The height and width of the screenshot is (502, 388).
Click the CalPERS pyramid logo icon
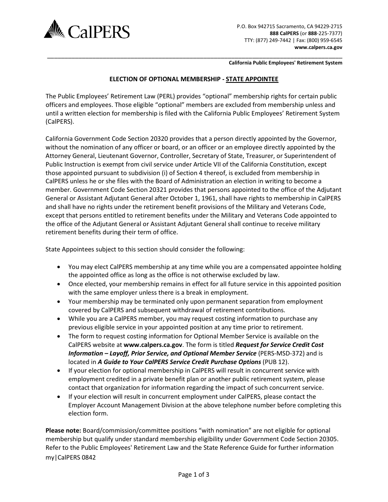(x=54, y=29)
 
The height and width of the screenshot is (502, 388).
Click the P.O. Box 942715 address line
(x=289, y=26)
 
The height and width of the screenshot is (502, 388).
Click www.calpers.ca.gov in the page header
(x=318, y=47)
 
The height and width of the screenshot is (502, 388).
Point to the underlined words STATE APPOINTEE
(x=252, y=79)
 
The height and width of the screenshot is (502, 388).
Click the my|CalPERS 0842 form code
(x=70, y=458)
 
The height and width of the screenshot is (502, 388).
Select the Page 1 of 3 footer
(x=194, y=474)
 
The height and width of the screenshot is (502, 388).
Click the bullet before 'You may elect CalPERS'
(x=60, y=267)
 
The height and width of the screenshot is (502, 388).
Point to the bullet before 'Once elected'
(x=60, y=284)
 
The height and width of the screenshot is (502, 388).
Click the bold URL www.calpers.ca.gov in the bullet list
(x=153, y=344)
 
